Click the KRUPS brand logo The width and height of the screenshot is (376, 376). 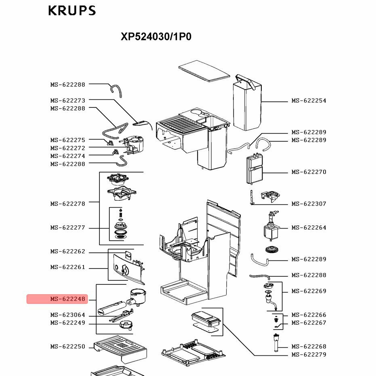(72, 11)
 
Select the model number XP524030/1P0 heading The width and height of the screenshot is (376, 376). (156, 37)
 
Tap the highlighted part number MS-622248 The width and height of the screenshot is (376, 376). (68, 299)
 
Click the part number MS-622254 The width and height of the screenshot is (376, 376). (309, 101)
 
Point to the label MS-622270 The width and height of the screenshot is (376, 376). (309, 172)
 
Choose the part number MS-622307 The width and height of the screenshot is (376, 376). (309, 204)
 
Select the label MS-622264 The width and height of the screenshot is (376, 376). (309, 228)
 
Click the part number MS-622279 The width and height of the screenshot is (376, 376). (309, 355)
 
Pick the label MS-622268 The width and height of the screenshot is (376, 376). (309, 347)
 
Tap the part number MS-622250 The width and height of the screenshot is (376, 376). (68, 347)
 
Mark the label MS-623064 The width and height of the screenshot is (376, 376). (68, 315)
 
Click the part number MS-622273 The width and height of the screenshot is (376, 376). (68, 101)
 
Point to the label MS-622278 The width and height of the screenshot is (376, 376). (68, 204)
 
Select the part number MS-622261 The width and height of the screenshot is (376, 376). (68, 267)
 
